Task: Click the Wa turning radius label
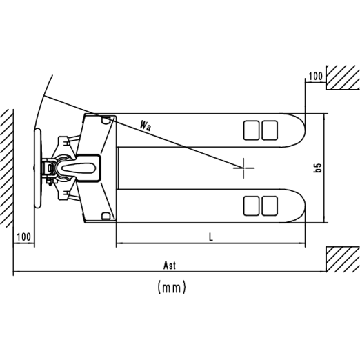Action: (146, 126)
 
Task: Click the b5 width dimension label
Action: (318, 168)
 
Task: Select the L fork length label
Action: (211, 237)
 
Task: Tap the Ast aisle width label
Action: (170, 266)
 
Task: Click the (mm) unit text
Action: (172, 288)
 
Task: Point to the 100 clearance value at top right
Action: (315, 77)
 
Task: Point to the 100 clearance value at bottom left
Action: (23, 237)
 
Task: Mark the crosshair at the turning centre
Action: (243, 168)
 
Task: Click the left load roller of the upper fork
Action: (251, 130)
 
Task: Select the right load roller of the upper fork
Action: (270, 130)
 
